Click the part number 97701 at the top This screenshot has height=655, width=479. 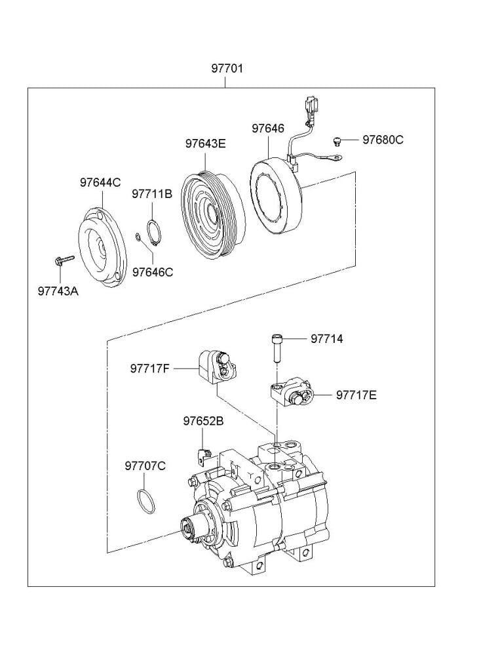(227, 68)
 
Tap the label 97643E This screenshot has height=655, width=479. (204, 144)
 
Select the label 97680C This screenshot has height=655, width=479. (383, 140)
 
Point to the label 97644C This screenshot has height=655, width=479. (100, 183)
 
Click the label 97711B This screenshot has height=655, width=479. (151, 194)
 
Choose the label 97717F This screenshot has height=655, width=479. (149, 368)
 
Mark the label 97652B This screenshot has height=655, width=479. (203, 421)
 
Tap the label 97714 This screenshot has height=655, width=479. (326, 339)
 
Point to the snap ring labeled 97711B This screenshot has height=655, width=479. (154, 232)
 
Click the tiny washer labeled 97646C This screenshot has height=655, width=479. (138, 237)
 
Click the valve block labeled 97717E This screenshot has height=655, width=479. (292, 392)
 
